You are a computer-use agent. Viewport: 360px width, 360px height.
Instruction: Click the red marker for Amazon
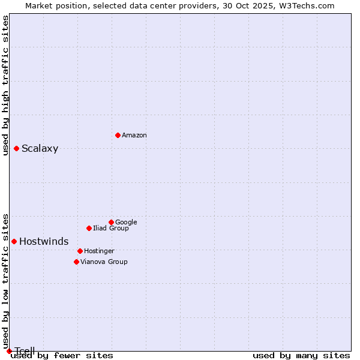coord(118,135)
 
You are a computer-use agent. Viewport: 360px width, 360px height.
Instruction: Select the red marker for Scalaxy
coord(16,148)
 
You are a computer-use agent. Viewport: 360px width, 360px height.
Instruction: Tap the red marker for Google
coord(111,222)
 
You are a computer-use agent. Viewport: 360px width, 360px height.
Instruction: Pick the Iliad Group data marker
coord(89,228)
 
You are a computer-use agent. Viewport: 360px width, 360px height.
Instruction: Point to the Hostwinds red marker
coord(14,241)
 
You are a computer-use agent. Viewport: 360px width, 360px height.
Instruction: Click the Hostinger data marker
coord(80,251)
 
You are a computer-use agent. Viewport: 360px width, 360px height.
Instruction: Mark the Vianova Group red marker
coord(76,262)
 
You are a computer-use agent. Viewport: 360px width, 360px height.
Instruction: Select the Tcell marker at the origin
coord(9,351)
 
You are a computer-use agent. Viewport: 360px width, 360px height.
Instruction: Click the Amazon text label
coord(134,136)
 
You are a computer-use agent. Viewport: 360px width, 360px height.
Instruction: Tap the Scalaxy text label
coord(40,149)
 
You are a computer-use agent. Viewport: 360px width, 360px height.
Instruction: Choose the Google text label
coord(126,223)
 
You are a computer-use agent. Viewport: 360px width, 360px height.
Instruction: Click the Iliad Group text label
coord(111,229)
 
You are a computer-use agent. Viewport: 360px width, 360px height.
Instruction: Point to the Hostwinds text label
coord(44,242)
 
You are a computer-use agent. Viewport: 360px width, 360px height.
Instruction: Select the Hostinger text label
coord(99,251)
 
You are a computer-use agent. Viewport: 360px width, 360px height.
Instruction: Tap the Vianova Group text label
coord(104,262)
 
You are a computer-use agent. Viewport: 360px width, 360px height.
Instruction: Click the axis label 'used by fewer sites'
coord(62,355)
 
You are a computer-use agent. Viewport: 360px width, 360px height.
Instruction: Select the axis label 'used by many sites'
coord(301,355)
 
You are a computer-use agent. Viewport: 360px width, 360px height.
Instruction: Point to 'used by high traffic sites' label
coord(5,85)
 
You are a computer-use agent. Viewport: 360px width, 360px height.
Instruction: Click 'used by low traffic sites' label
coord(5,281)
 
